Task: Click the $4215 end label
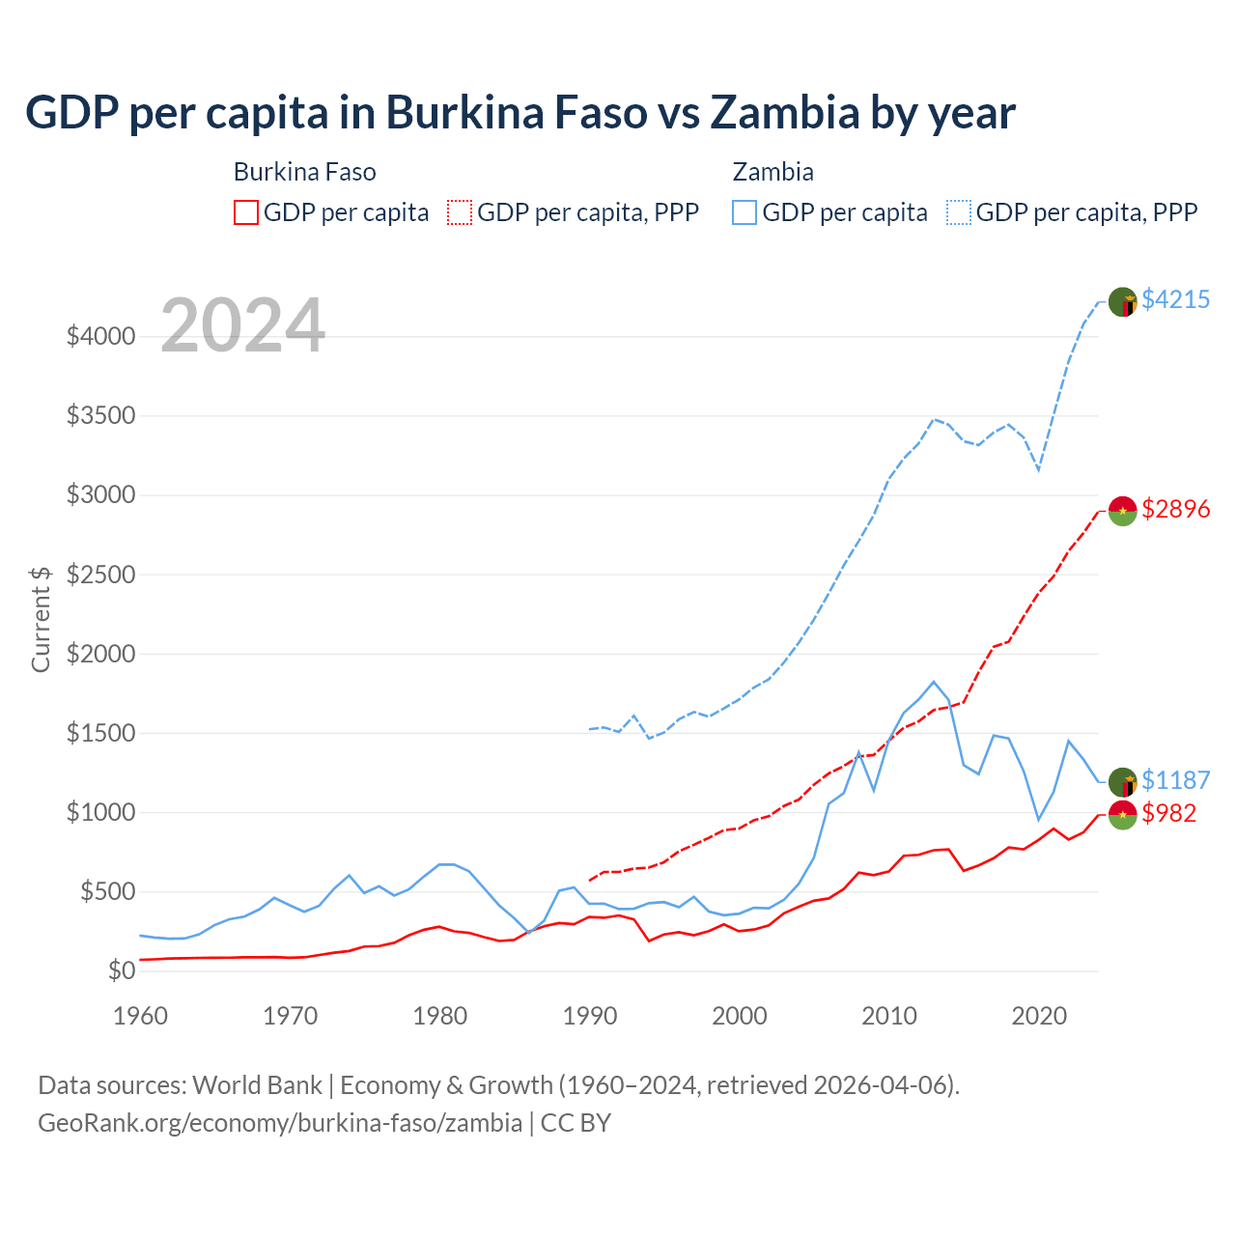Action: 1175,299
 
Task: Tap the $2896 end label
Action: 1175,509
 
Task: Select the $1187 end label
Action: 1175,780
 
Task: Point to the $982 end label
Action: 1168,813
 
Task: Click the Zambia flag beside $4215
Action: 1122,301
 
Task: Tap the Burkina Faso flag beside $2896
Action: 1122,510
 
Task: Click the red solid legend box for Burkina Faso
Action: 246,212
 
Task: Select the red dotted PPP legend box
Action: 460,212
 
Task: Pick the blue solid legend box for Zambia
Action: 744,212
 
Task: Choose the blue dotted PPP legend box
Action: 959,212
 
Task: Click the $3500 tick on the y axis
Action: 100,416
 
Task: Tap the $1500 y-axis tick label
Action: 100,733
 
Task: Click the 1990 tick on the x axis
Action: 589,1016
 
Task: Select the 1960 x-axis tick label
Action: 141,1016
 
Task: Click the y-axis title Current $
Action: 41,619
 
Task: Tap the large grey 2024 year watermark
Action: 242,325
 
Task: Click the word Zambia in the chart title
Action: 784,112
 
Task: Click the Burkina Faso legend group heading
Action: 304,172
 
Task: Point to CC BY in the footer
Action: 576,1123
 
